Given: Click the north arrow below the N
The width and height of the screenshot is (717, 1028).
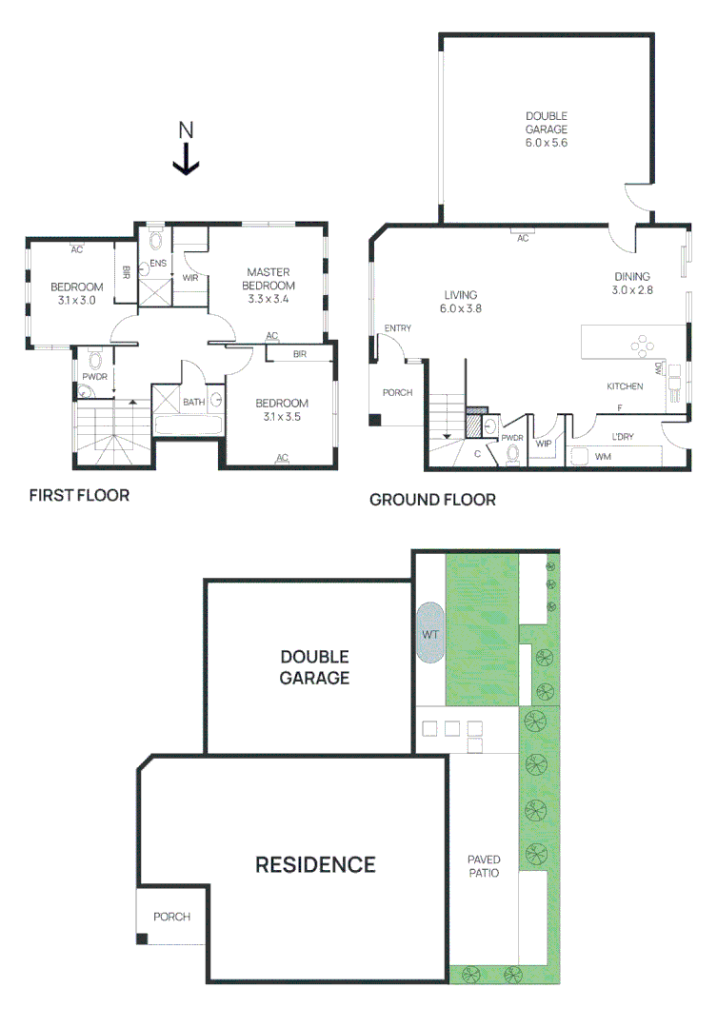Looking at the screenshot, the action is pyautogui.click(x=187, y=159).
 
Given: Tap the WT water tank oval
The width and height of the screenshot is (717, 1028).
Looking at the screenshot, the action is pyautogui.click(x=430, y=633).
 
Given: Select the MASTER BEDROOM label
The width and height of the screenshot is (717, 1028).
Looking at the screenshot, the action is pyautogui.click(x=269, y=279).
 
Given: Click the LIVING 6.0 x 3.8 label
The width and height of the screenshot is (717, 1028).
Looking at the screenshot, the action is pyautogui.click(x=461, y=302).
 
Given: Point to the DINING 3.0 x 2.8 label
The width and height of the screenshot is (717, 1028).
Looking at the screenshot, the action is pyautogui.click(x=632, y=284).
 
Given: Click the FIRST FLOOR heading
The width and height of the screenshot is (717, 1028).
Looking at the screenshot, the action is pyautogui.click(x=79, y=495).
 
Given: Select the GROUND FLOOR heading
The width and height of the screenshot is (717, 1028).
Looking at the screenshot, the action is pyautogui.click(x=433, y=500).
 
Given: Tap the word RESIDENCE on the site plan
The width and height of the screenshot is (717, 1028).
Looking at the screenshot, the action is pyautogui.click(x=315, y=864).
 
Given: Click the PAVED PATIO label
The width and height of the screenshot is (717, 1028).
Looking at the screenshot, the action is pyautogui.click(x=484, y=866).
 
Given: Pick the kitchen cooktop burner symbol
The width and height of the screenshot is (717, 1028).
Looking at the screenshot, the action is pyautogui.click(x=642, y=346).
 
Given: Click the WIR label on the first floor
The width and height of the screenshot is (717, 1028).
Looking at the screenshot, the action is pyautogui.click(x=190, y=277).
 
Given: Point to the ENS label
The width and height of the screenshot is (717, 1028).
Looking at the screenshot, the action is pyautogui.click(x=158, y=263).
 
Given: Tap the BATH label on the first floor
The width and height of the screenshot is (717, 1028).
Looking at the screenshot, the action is pyautogui.click(x=193, y=402).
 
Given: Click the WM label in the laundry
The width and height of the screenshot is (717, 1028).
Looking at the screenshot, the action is pyautogui.click(x=603, y=456).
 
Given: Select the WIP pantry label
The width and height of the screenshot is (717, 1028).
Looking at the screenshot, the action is pyautogui.click(x=544, y=444).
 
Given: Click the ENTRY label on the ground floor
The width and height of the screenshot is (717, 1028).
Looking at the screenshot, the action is pyautogui.click(x=398, y=327).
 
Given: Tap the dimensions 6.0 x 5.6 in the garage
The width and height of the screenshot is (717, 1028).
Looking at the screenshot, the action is pyautogui.click(x=547, y=142).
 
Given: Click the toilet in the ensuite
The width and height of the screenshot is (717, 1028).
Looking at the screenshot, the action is pyautogui.click(x=155, y=240).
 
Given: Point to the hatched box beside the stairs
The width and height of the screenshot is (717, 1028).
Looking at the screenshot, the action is pyautogui.click(x=473, y=426).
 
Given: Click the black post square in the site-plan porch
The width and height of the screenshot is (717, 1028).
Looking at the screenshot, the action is pyautogui.click(x=142, y=939).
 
